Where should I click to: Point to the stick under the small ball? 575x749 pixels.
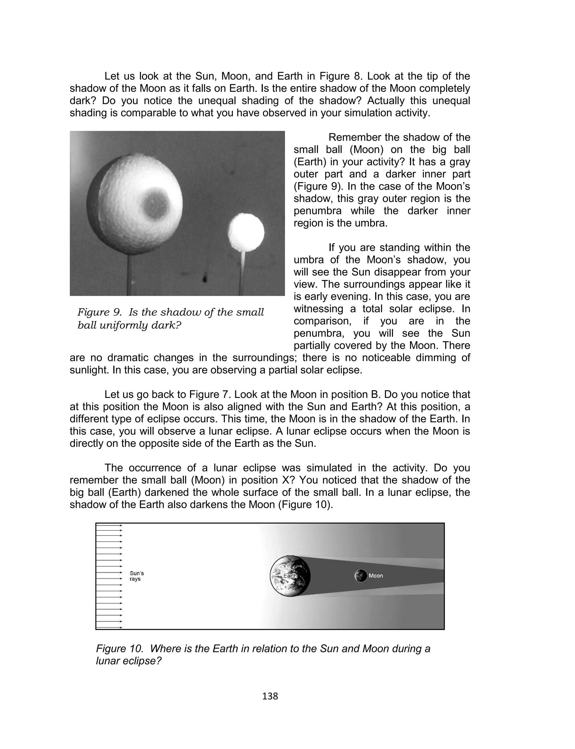coord(242,274)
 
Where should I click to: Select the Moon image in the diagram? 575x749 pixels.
coord(360,576)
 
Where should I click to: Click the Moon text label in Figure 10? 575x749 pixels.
coord(376,576)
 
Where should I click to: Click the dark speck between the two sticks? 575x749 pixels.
coord(205,279)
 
